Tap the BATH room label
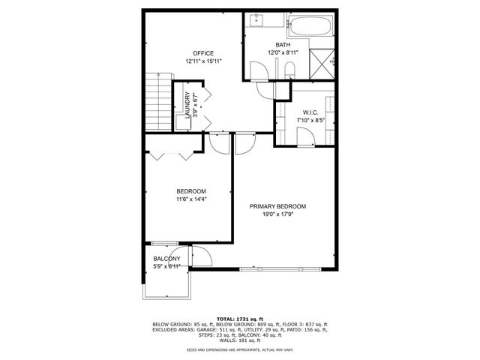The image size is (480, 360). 282,45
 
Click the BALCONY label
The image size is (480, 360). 166,259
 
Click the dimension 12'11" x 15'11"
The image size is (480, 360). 202,61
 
